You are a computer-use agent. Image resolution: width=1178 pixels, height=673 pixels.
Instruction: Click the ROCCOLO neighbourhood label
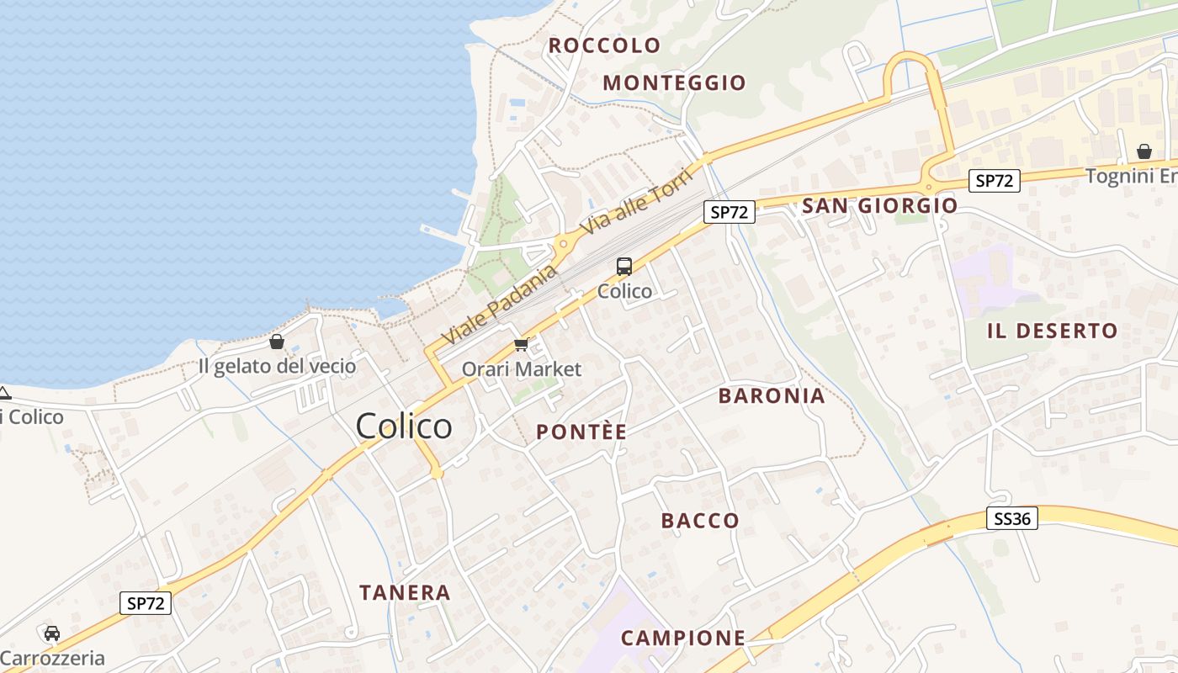[604, 45]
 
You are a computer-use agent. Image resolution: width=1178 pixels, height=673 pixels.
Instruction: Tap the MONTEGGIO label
[674, 82]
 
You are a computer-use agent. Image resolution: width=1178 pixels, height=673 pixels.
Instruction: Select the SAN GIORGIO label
[879, 205]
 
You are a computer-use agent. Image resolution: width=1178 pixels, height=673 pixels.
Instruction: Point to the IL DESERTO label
[1052, 331]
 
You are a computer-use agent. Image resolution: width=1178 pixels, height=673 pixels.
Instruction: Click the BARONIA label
[771, 396]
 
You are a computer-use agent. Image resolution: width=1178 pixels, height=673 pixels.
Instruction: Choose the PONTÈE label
[581, 432]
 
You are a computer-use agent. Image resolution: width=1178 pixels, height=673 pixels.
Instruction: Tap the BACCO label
[700, 521]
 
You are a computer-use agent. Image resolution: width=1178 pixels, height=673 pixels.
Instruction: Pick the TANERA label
[405, 592]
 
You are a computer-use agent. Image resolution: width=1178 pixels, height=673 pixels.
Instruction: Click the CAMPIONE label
[682, 638]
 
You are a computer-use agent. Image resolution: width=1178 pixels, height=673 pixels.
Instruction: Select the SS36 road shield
[1011, 518]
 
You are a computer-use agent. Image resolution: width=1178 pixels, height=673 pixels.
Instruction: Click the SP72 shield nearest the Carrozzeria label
[146, 602]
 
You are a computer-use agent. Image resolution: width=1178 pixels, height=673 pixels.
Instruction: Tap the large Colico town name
[404, 427]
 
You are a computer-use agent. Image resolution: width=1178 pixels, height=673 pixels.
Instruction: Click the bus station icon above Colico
[623, 267]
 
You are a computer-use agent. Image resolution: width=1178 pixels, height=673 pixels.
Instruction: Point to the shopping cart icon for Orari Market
[521, 345]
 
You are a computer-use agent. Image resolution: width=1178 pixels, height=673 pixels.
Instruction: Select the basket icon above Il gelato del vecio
[276, 342]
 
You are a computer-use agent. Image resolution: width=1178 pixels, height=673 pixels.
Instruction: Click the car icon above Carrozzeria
[52, 633]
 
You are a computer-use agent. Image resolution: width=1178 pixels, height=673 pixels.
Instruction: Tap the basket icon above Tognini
[1144, 151]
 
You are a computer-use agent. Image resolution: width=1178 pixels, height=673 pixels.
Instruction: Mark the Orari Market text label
[521, 369]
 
